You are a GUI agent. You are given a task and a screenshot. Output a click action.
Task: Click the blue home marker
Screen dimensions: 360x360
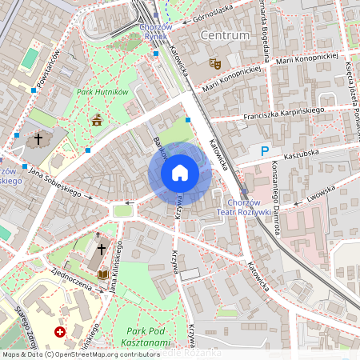tap(180, 173)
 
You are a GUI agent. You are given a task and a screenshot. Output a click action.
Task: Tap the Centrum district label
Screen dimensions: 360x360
tap(225, 35)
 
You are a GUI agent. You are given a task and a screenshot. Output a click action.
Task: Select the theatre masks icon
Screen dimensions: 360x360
tap(214, 62)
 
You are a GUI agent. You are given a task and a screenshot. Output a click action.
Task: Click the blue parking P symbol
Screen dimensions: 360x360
tap(265, 150)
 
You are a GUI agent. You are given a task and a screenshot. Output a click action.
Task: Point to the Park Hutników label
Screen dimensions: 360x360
tap(102, 93)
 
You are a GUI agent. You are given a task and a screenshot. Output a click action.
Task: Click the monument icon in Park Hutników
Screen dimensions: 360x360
tap(98, 121)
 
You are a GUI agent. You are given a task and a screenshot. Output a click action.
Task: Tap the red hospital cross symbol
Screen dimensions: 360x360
tap(59, 331)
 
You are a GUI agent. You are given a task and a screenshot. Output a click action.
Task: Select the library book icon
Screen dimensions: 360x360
tap(102, 274)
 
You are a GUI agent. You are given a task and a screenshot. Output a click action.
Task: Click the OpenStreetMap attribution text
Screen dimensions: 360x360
tap(80, 354)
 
